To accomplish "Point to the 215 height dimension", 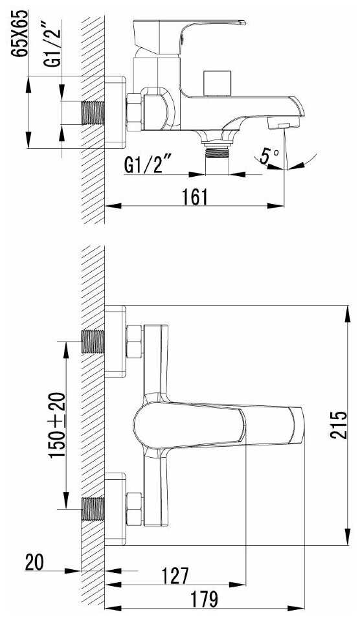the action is tap(339, 425).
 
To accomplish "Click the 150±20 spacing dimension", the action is tap(57, 425).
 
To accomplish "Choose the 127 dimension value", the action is tap(175, 576).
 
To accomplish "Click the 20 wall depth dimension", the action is tap(34, 562).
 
